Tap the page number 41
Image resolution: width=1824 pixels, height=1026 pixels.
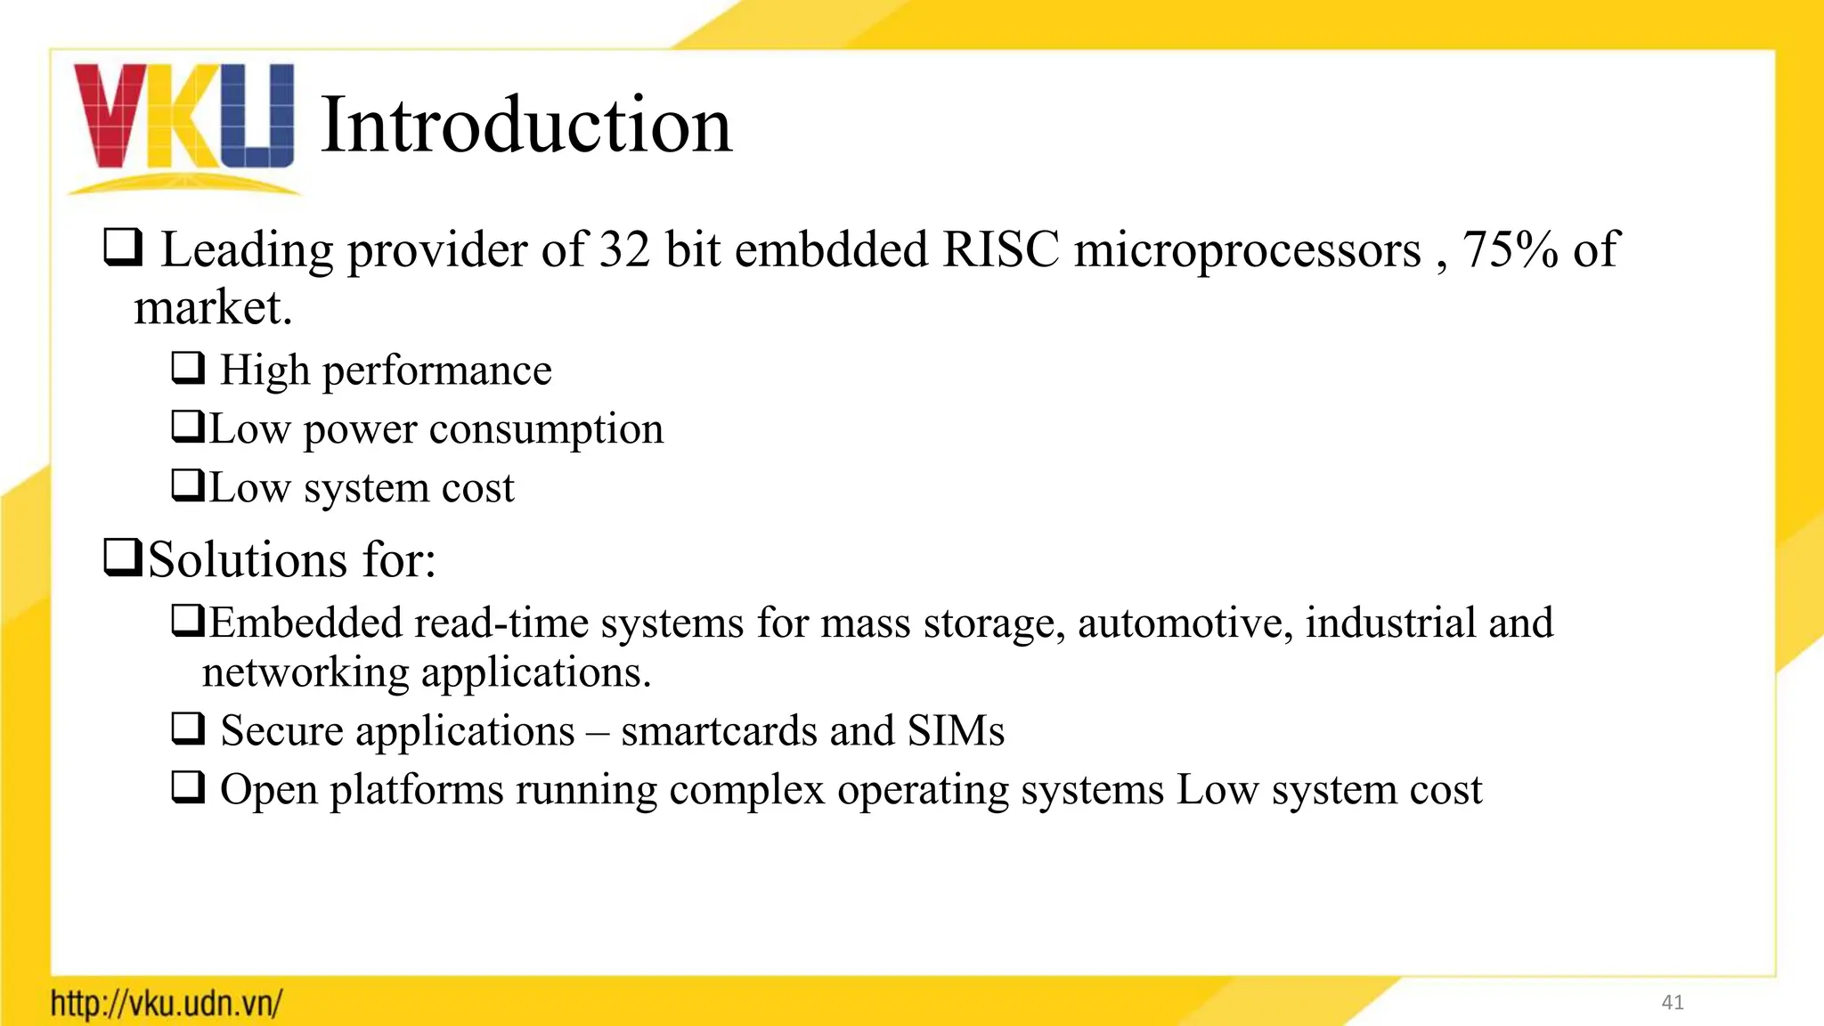[x=1673, y=1003]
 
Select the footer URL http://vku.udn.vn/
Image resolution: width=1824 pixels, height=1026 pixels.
[x=167, y=1004]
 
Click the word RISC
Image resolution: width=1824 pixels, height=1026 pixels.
[x=1000, y=249]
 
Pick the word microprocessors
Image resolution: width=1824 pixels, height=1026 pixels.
[x=1247, y=251]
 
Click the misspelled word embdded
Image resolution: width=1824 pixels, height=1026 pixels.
[x=831, y=249]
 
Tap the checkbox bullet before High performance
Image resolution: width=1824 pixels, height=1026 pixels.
[x=188, y=367]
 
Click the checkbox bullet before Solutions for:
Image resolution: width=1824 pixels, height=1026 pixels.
[x=122, y=558]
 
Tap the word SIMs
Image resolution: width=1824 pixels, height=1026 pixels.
[x=956, y=731]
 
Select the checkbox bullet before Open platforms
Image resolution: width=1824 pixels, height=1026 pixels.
[x=188, y=787]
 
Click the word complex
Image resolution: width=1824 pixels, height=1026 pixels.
[x=746, y=790]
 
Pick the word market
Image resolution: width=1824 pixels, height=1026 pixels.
[x=212, y=308]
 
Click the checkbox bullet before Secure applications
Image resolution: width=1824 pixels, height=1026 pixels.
[x=188, y=729]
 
